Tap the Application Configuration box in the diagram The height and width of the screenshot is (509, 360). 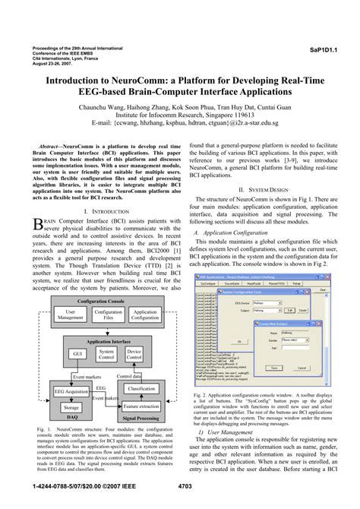[x=145, y=315]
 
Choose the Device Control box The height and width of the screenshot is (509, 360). [x=134, y=354]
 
